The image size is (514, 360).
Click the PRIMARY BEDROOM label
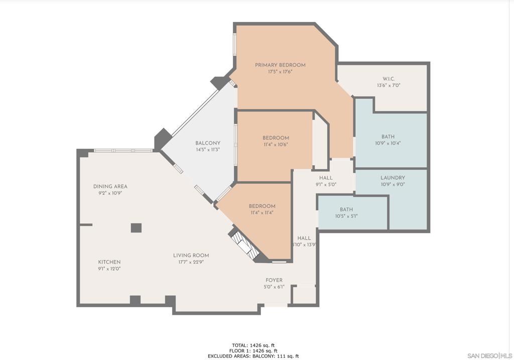pyautogui.click(x=280, y=65)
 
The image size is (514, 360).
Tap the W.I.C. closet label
pyautogui.click(x=389, y=79)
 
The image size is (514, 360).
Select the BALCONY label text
pyautogui.click(x=208, y=143)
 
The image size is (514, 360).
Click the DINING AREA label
pyautogui.click(x=110, y=187)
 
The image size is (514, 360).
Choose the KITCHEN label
pyautogui.click(x=109, y=262)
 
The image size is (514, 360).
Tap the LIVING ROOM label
pyautogui.click(x=191, y=256)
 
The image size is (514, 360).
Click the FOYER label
pyautogui.click(x=274, y=280)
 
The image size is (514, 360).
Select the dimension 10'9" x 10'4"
pyautogui.click(x=388, y=143)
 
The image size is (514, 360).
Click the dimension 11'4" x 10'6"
pyautogui.click(x=276, y=145)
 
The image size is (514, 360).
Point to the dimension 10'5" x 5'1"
pyautogui.click(x=346, y=216)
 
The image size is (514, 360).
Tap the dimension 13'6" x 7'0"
pyautogui.click(x=389, y=85)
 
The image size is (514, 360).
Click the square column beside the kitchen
pyautogui.click(x=136, y=228)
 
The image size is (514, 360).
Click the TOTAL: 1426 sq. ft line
pyautogui.click(x=253, y=345)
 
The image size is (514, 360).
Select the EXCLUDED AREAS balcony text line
pyautogui.click(x=253, y=356)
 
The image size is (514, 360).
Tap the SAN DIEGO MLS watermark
pyautogui.click(x=490, y=356)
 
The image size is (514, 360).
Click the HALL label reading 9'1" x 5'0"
pyautogui.click(x=326, y=181)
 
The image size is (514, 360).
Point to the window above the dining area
pyautogui.click(x=123, y=151)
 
